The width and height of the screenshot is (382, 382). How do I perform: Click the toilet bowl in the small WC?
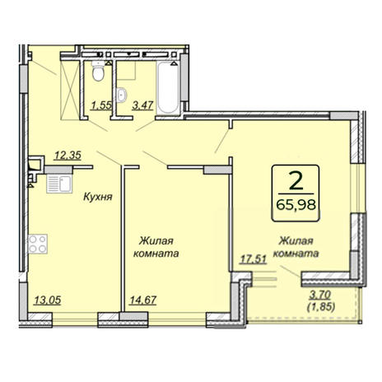click(98, 71)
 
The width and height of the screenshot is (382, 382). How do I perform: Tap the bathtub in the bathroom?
click(168, 87)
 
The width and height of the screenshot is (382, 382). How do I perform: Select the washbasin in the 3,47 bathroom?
click(121, 95)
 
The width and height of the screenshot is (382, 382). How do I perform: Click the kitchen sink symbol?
click(59, 184)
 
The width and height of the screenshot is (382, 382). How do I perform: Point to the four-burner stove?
click(38, 244)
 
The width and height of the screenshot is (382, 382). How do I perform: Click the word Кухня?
click(98, 197)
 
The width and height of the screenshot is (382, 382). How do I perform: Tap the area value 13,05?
click(48, 300)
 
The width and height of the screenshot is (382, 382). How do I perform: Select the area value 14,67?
click(143, 300)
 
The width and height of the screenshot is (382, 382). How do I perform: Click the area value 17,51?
click(254, 259)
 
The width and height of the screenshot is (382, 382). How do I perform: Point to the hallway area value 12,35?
click(68, 156)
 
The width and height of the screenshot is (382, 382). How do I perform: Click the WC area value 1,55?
click(102, 105)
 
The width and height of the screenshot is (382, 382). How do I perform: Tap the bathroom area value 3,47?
click(142, 105)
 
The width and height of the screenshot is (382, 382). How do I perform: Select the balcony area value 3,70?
click(320, 295)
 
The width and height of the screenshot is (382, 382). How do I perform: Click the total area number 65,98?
click(296, 204)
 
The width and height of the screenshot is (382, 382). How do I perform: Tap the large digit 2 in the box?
click(296, 180)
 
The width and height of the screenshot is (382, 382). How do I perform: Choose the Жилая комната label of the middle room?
click(156, 247)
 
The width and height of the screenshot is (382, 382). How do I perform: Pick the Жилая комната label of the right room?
click(296, 247)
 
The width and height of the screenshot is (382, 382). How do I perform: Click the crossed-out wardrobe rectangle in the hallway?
click(70, 90)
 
